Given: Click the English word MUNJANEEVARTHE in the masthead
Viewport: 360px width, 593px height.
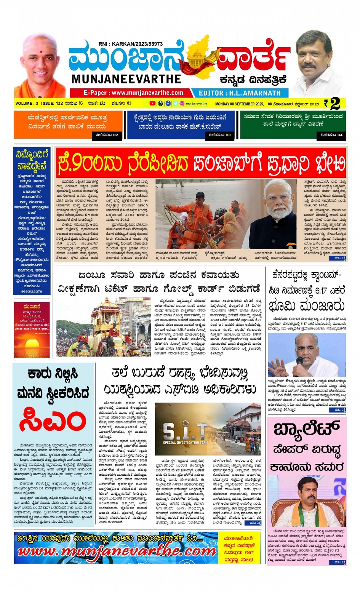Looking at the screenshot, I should point(126,79).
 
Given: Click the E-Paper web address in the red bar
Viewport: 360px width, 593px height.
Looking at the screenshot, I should point(133,93).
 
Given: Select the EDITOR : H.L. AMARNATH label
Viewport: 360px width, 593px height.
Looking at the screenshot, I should point(240,93).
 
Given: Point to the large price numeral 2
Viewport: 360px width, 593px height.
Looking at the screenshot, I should point(335,104).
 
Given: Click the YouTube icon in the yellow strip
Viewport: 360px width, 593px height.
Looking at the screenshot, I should point(152,103).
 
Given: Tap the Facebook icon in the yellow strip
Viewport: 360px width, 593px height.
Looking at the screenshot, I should point(168,103).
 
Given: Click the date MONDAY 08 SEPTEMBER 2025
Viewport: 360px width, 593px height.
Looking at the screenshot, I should point(240,104).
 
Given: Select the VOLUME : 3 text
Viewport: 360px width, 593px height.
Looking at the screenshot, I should point(27,103).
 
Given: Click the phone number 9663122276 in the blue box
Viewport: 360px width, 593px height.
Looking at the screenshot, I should point(32,291).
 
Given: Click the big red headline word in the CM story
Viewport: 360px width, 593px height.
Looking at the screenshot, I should point(53,421).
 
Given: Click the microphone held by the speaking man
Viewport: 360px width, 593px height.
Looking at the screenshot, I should point(299,361).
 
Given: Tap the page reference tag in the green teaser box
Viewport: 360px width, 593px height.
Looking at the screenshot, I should point(331,135).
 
